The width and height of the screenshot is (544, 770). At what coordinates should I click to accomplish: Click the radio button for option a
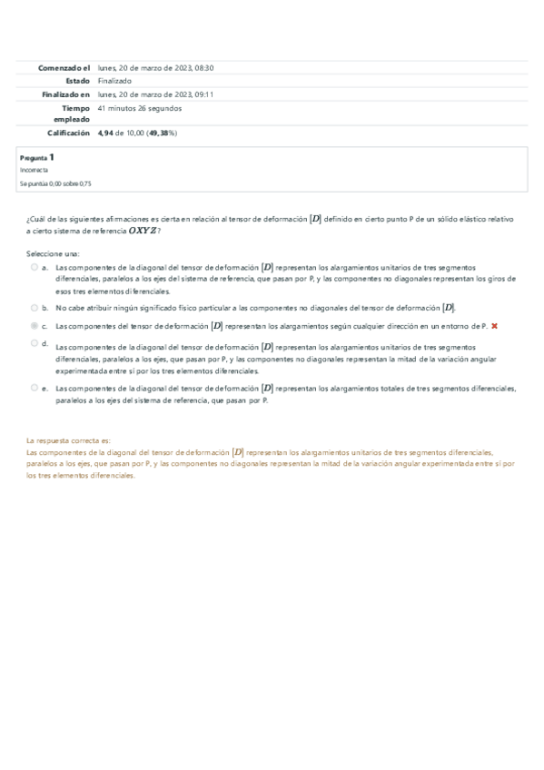[34, 268]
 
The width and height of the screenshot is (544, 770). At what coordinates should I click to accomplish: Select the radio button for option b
[34, 309]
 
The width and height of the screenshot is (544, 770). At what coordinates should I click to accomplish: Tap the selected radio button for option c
[34, 325]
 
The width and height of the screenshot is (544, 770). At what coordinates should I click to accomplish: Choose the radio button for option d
[34, 343]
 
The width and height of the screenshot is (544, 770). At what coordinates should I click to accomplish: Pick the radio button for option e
[34, 387]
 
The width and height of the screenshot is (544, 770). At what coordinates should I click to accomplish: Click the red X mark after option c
[494, 325]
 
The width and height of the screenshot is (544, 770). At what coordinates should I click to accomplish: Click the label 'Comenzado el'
[64, 68]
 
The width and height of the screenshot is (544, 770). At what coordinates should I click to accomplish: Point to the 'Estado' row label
[78, 81]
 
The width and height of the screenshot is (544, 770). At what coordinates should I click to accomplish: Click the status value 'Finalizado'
[114, 81]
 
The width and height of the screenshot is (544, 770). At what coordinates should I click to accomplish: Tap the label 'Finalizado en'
[65, 94]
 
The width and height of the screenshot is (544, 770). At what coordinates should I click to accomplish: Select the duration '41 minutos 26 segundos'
[139, 108]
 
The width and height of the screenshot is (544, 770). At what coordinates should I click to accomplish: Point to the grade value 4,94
[106, 133]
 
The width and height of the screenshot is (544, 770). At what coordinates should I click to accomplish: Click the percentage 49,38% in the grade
[163, 133]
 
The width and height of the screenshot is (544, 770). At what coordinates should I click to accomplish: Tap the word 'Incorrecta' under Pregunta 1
[34, 170]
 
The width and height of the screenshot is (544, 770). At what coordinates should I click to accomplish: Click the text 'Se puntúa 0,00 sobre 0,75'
[54, 183]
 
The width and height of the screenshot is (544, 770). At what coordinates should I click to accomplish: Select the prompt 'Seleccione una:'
[53, 253]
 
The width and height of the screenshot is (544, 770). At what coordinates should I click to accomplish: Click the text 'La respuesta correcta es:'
[68, 439]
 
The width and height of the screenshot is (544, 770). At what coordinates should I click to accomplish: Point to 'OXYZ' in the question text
[143, 232]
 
